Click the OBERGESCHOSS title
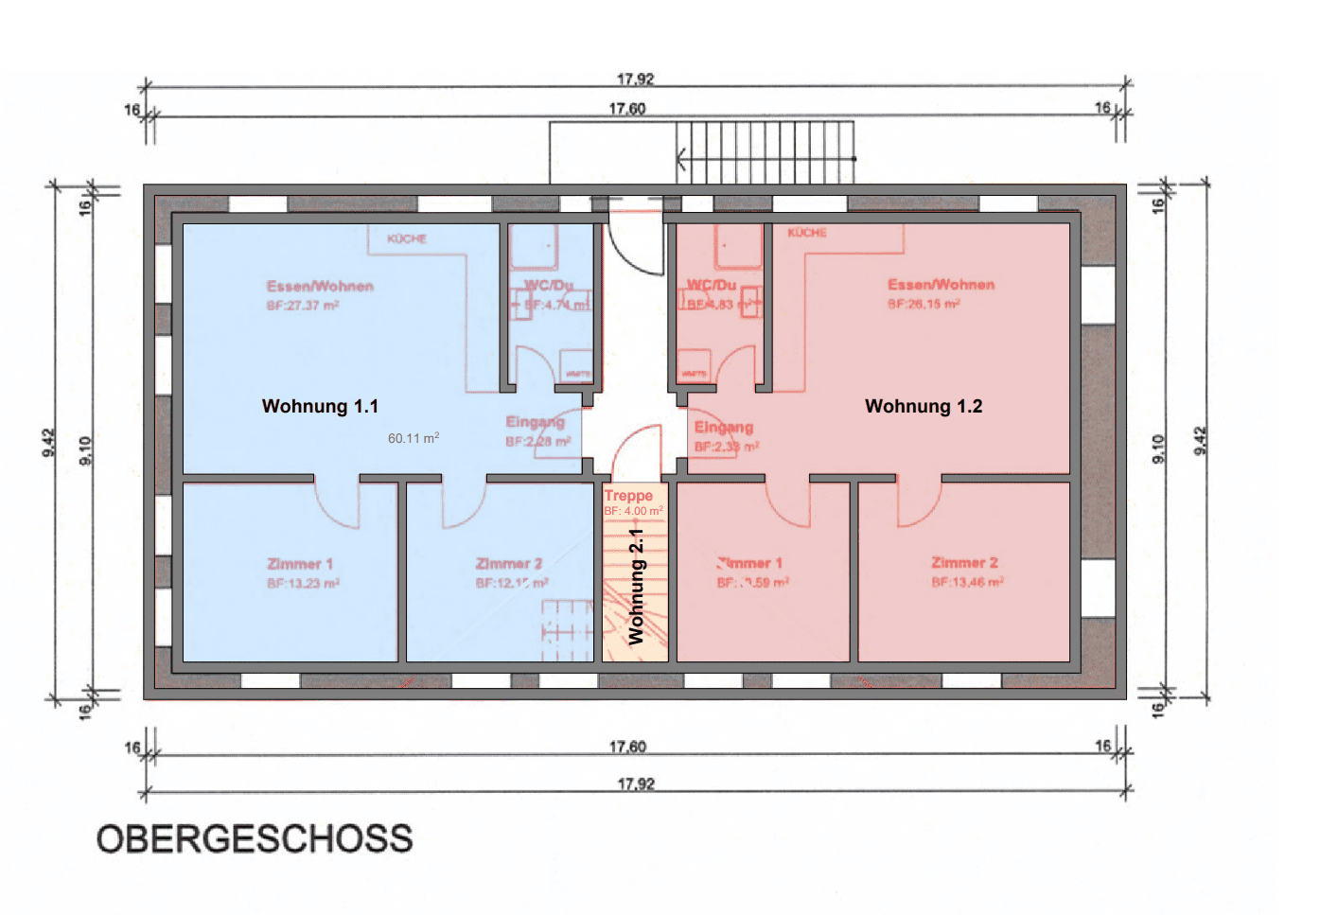(x=255, y=838)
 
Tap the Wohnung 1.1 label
(x=320, y=406)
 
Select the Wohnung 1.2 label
(x=924, y=406)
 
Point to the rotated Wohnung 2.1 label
(x=636, y=587)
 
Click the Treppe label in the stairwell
(x=628, y=496)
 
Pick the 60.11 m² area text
(x=414, y=438)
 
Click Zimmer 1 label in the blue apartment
(x=300, y=563)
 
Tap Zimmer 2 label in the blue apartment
(x=509, y=563)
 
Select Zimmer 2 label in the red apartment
(x=964, y=562)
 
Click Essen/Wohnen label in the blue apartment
(x=320, y=286)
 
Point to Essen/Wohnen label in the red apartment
(x=941, y=284)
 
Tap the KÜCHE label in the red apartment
(x=807, y=232)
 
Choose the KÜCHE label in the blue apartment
(x=407, y=238)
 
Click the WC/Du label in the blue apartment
(x=549, y=285)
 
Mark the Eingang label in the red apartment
(x=724, y=427)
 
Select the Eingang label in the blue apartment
(x=535, y=422)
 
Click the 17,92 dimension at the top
(x=635, y=79)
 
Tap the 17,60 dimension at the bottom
(x=627, y=747)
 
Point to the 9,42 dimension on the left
(x=49, y=441)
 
